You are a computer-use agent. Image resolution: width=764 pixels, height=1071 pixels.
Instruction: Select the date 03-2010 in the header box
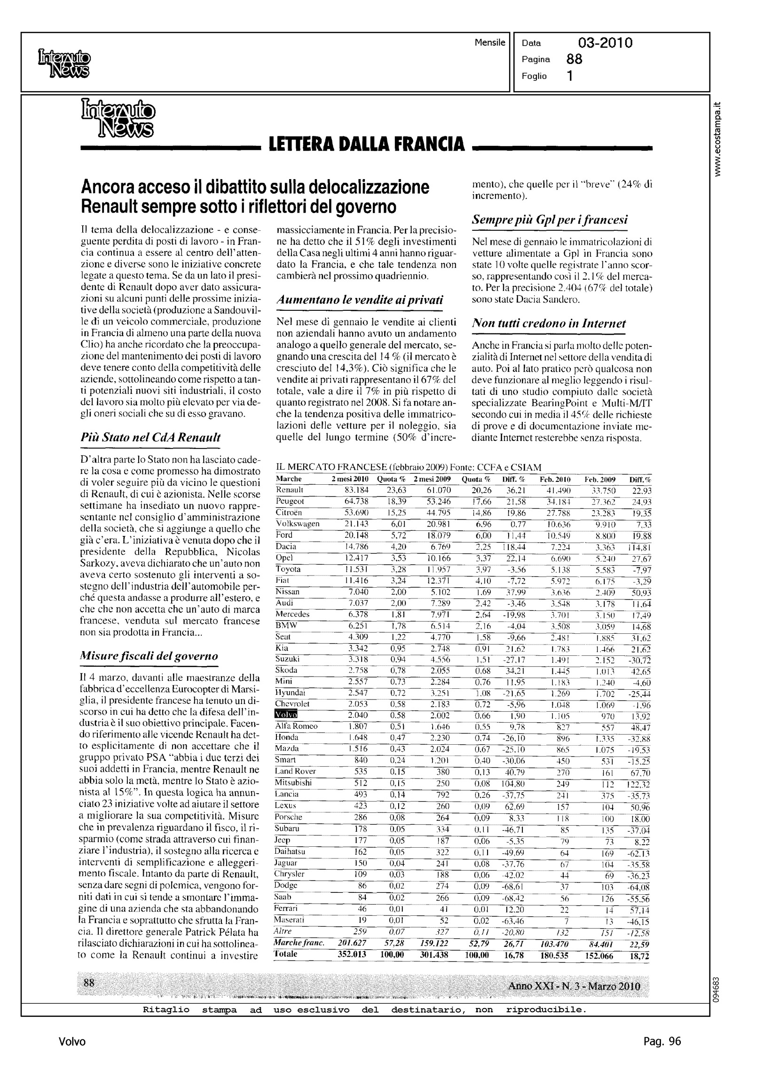coord(605,43)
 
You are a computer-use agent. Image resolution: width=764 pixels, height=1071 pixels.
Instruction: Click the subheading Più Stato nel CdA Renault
coord(150,437)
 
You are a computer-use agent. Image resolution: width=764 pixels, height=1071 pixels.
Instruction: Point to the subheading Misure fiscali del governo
coord(149,656)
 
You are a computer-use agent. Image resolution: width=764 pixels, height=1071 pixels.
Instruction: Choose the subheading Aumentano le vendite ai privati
coord(359,299)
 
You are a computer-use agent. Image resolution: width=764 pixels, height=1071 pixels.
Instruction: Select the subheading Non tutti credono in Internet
coord(549,323)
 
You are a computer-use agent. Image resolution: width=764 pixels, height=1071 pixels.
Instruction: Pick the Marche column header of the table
coord(289,479)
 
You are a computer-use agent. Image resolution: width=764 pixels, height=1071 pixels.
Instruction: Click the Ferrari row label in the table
coord(286,908)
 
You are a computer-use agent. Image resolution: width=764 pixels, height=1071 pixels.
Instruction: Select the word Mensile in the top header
coord(490,43)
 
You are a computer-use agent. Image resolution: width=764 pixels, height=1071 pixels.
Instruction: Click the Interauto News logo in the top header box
coord(63,63)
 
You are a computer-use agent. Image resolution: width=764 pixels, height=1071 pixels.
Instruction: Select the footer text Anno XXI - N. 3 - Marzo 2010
coord(574,985)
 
